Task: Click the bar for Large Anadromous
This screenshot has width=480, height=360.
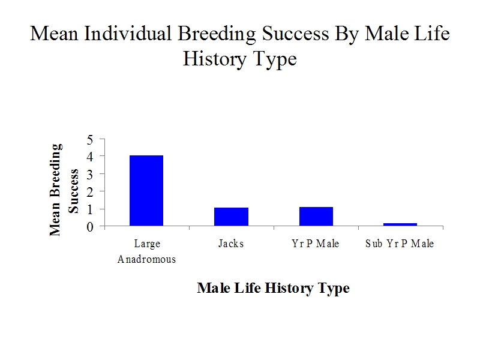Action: click(146, 191)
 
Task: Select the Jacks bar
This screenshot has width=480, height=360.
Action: click(231, 217)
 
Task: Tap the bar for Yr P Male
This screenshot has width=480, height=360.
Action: click(316, 217)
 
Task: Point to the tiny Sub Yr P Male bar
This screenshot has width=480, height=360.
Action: click(400, 224)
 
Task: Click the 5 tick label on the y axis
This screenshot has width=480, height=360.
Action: click(89, 140)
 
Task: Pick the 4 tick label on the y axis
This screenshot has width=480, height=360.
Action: click(89, 157)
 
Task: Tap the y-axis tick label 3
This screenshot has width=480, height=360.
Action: click(89, 175)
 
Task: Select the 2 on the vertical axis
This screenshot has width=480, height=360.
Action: click(89, 192)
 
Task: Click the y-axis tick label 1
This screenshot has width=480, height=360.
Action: click(89, 209)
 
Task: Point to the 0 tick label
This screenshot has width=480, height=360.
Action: click(89, 227)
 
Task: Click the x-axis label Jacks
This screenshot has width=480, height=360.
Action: click(231, 244)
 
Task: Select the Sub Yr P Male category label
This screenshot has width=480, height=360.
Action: click(400, 244)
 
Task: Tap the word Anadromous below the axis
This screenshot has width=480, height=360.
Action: click(146, 259)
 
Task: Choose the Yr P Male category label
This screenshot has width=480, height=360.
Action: click(316, 244)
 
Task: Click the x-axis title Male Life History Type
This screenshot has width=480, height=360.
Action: click(274, 288)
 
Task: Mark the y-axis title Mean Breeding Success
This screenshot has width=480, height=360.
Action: click(64, 190)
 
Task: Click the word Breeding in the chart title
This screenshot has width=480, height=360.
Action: click(217, 34)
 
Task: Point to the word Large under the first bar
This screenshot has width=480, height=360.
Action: click(147, 244)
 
